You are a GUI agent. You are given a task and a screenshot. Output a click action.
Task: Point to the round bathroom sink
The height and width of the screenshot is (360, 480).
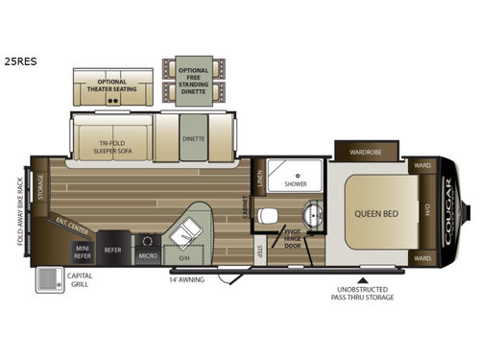pos(311,212)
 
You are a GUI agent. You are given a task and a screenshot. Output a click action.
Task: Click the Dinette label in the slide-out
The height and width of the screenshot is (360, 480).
pos(193,138)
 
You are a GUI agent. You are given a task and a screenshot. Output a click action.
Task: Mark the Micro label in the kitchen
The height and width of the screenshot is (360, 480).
pos(148,256)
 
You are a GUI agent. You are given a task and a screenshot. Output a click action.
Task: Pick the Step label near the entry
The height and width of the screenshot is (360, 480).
pos(260,252)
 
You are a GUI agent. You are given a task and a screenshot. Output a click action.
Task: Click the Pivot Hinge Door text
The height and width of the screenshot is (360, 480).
pos(293,240)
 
